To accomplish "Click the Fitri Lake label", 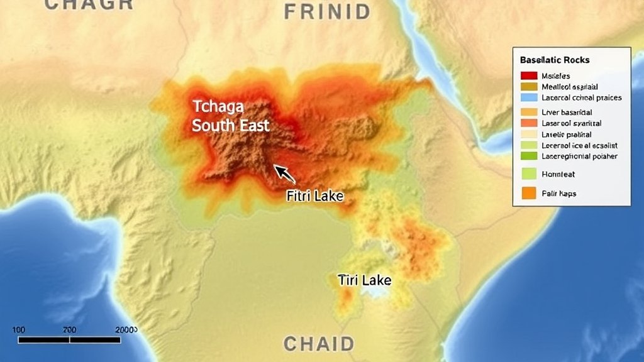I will click(314, 196).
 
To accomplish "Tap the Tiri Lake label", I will click(364, 280).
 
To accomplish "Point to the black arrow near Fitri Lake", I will click(284, 173).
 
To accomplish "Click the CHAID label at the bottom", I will click(318, 344).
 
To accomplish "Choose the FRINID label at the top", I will click(327, 11).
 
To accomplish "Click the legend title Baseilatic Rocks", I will click(555, 60).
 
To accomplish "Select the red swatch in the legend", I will click(529, 75).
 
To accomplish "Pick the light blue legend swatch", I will click(529, 97).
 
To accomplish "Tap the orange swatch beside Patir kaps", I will click(529, 194).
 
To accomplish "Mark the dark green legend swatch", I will click(529, 156).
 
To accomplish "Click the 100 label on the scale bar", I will click(18, 330).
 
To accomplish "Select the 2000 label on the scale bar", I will click(126, 330).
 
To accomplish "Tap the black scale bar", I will click(69, 340).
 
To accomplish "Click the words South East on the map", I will click(231, 125).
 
